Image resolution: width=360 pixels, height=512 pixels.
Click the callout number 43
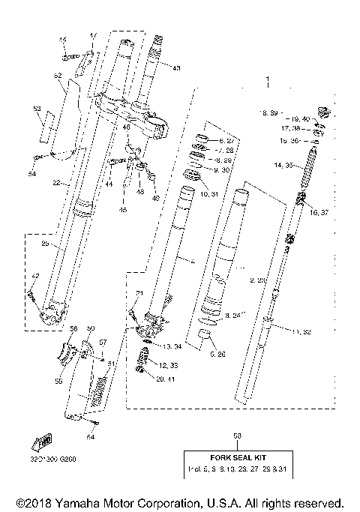[176, 68]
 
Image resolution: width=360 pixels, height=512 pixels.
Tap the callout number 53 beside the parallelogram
[37, 109]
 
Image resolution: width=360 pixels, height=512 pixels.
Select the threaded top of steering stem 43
[158, 46]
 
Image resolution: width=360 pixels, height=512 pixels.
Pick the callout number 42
[34, 276]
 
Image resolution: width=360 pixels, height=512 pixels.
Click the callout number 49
[156, 199]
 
